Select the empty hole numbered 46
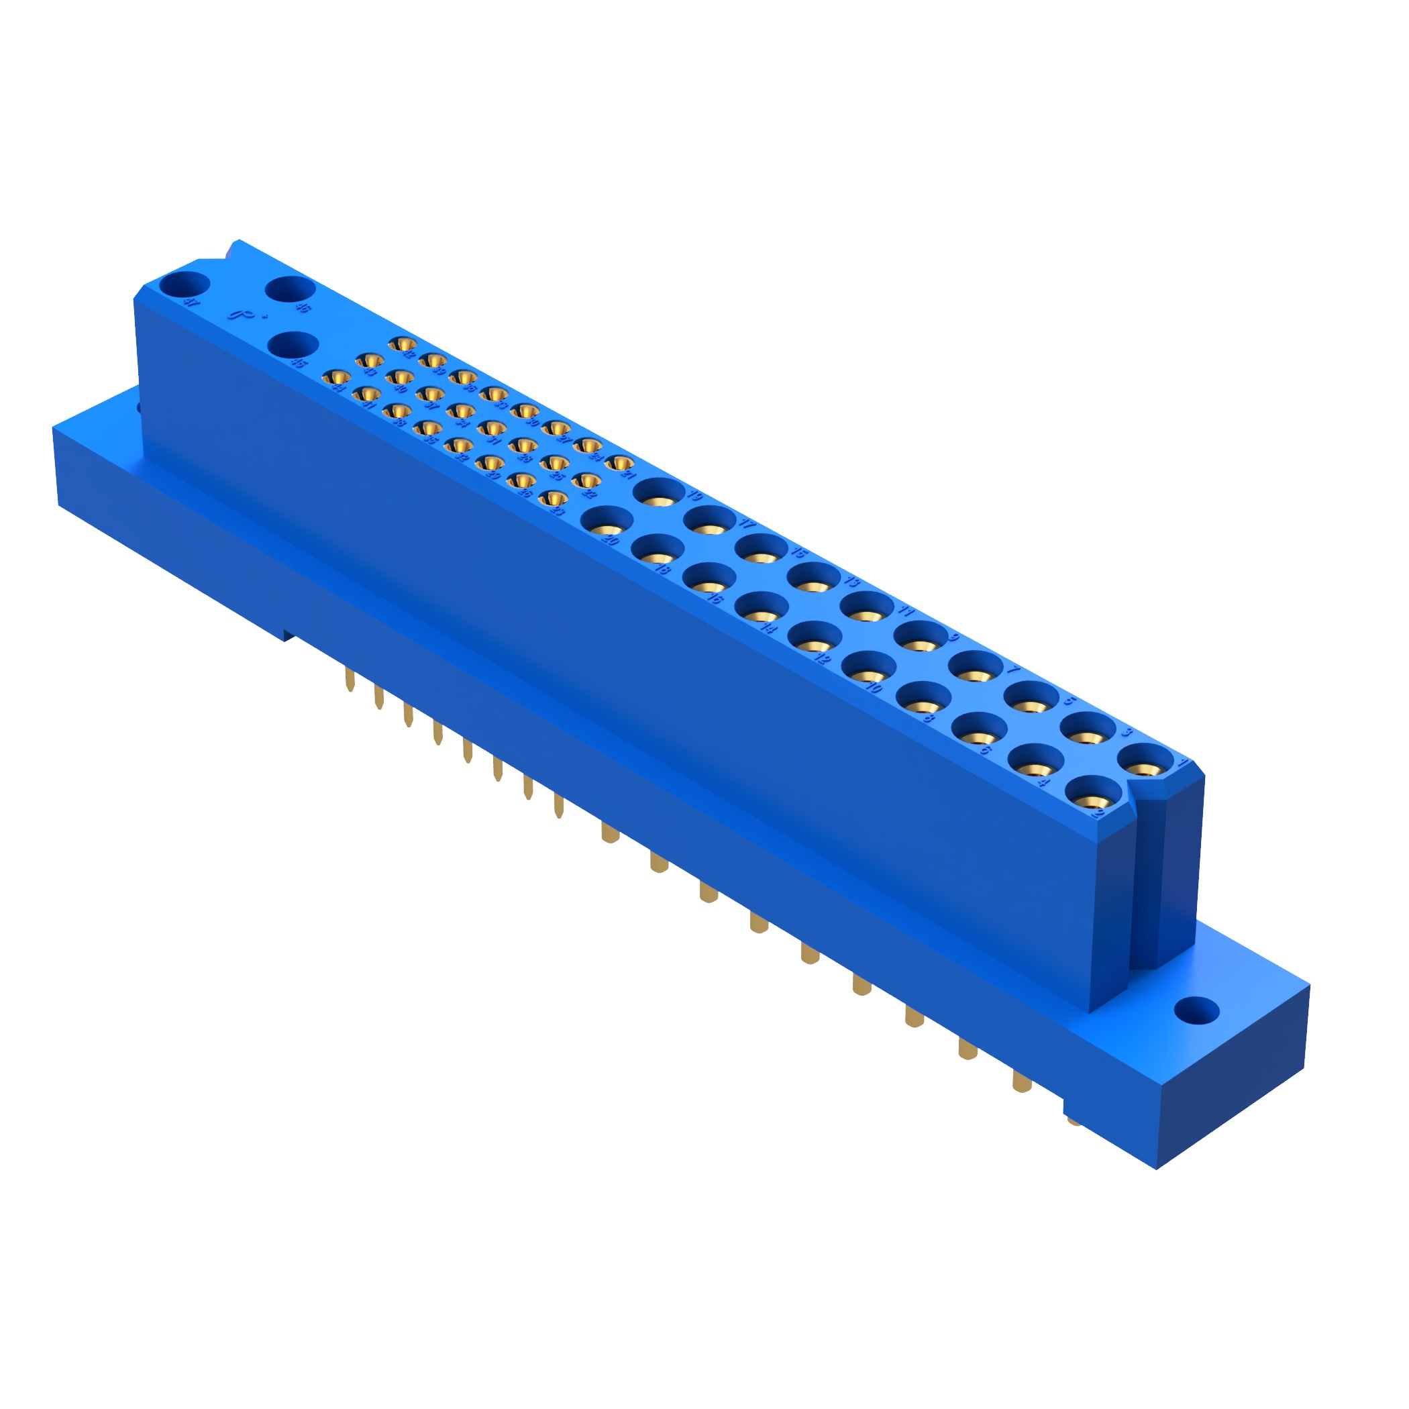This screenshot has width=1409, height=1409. pyautogui.click(x=290, y=288)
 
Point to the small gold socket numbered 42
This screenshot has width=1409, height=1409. pyautogui.click(x=403, y=344)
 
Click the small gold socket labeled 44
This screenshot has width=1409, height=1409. pyautogui.click(x=336, y=377)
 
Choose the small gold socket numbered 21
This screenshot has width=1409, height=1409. pyautogui.click(x=619, y=462)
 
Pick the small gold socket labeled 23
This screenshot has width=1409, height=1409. pyautogui.click(x=554, y=499)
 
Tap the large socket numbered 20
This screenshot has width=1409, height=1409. pyautogui.click(x=607, y=521)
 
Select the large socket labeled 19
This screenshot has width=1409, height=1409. pyautogui.click(x=659, y=492)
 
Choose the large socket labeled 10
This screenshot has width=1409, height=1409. pyautogui.click(x=869, y=665)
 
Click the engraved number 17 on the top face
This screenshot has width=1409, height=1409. pyautogui.click(x=747, y=523)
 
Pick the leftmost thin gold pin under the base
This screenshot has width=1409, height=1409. pyautogui.click(x=350, y=680)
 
